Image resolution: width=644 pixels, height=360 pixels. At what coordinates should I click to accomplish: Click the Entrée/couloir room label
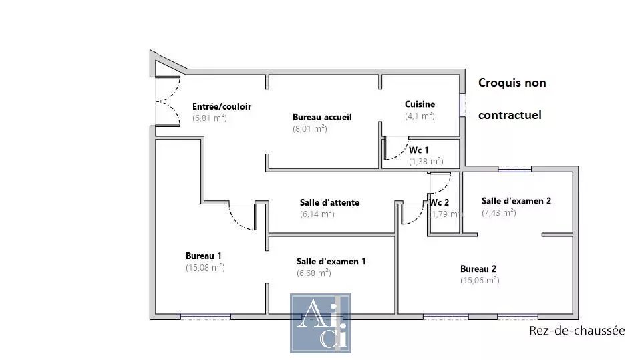pos(222,106)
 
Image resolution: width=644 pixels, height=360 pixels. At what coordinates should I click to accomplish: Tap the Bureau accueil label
pos(322,117)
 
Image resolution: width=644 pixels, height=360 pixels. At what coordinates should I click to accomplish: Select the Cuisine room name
pos(420,104)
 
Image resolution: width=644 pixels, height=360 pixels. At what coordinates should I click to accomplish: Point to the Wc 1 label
pos(418,150)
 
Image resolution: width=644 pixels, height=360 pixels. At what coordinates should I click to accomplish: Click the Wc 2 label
pos(439,202)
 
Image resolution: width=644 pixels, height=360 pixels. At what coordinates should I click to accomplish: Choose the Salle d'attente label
pos(329,202)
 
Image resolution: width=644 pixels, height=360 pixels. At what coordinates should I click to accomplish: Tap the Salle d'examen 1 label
pos(331,261)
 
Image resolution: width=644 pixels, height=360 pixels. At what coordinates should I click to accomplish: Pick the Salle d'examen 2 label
pos(516,201)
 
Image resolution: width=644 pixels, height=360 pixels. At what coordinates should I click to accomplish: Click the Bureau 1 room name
pos(203,256)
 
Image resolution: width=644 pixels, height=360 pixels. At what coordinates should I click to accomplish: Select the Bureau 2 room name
pos(478,269)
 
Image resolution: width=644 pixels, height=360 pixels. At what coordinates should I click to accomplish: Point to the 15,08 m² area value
pos(205,268)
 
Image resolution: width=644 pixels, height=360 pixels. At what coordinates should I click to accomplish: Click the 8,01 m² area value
pos(310,128)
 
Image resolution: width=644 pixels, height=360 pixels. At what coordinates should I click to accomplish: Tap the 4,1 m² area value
pos(420,116)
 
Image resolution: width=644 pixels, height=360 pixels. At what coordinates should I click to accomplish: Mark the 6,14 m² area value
pos(317,214)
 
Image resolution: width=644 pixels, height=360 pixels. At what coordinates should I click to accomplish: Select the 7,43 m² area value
pos(498,212)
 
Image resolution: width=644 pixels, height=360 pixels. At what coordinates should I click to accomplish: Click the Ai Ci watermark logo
pos(321,323)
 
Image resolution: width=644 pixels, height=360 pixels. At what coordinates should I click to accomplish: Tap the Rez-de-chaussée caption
pos(577,331)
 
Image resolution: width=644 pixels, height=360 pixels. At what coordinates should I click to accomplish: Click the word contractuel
pos(510,114)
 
